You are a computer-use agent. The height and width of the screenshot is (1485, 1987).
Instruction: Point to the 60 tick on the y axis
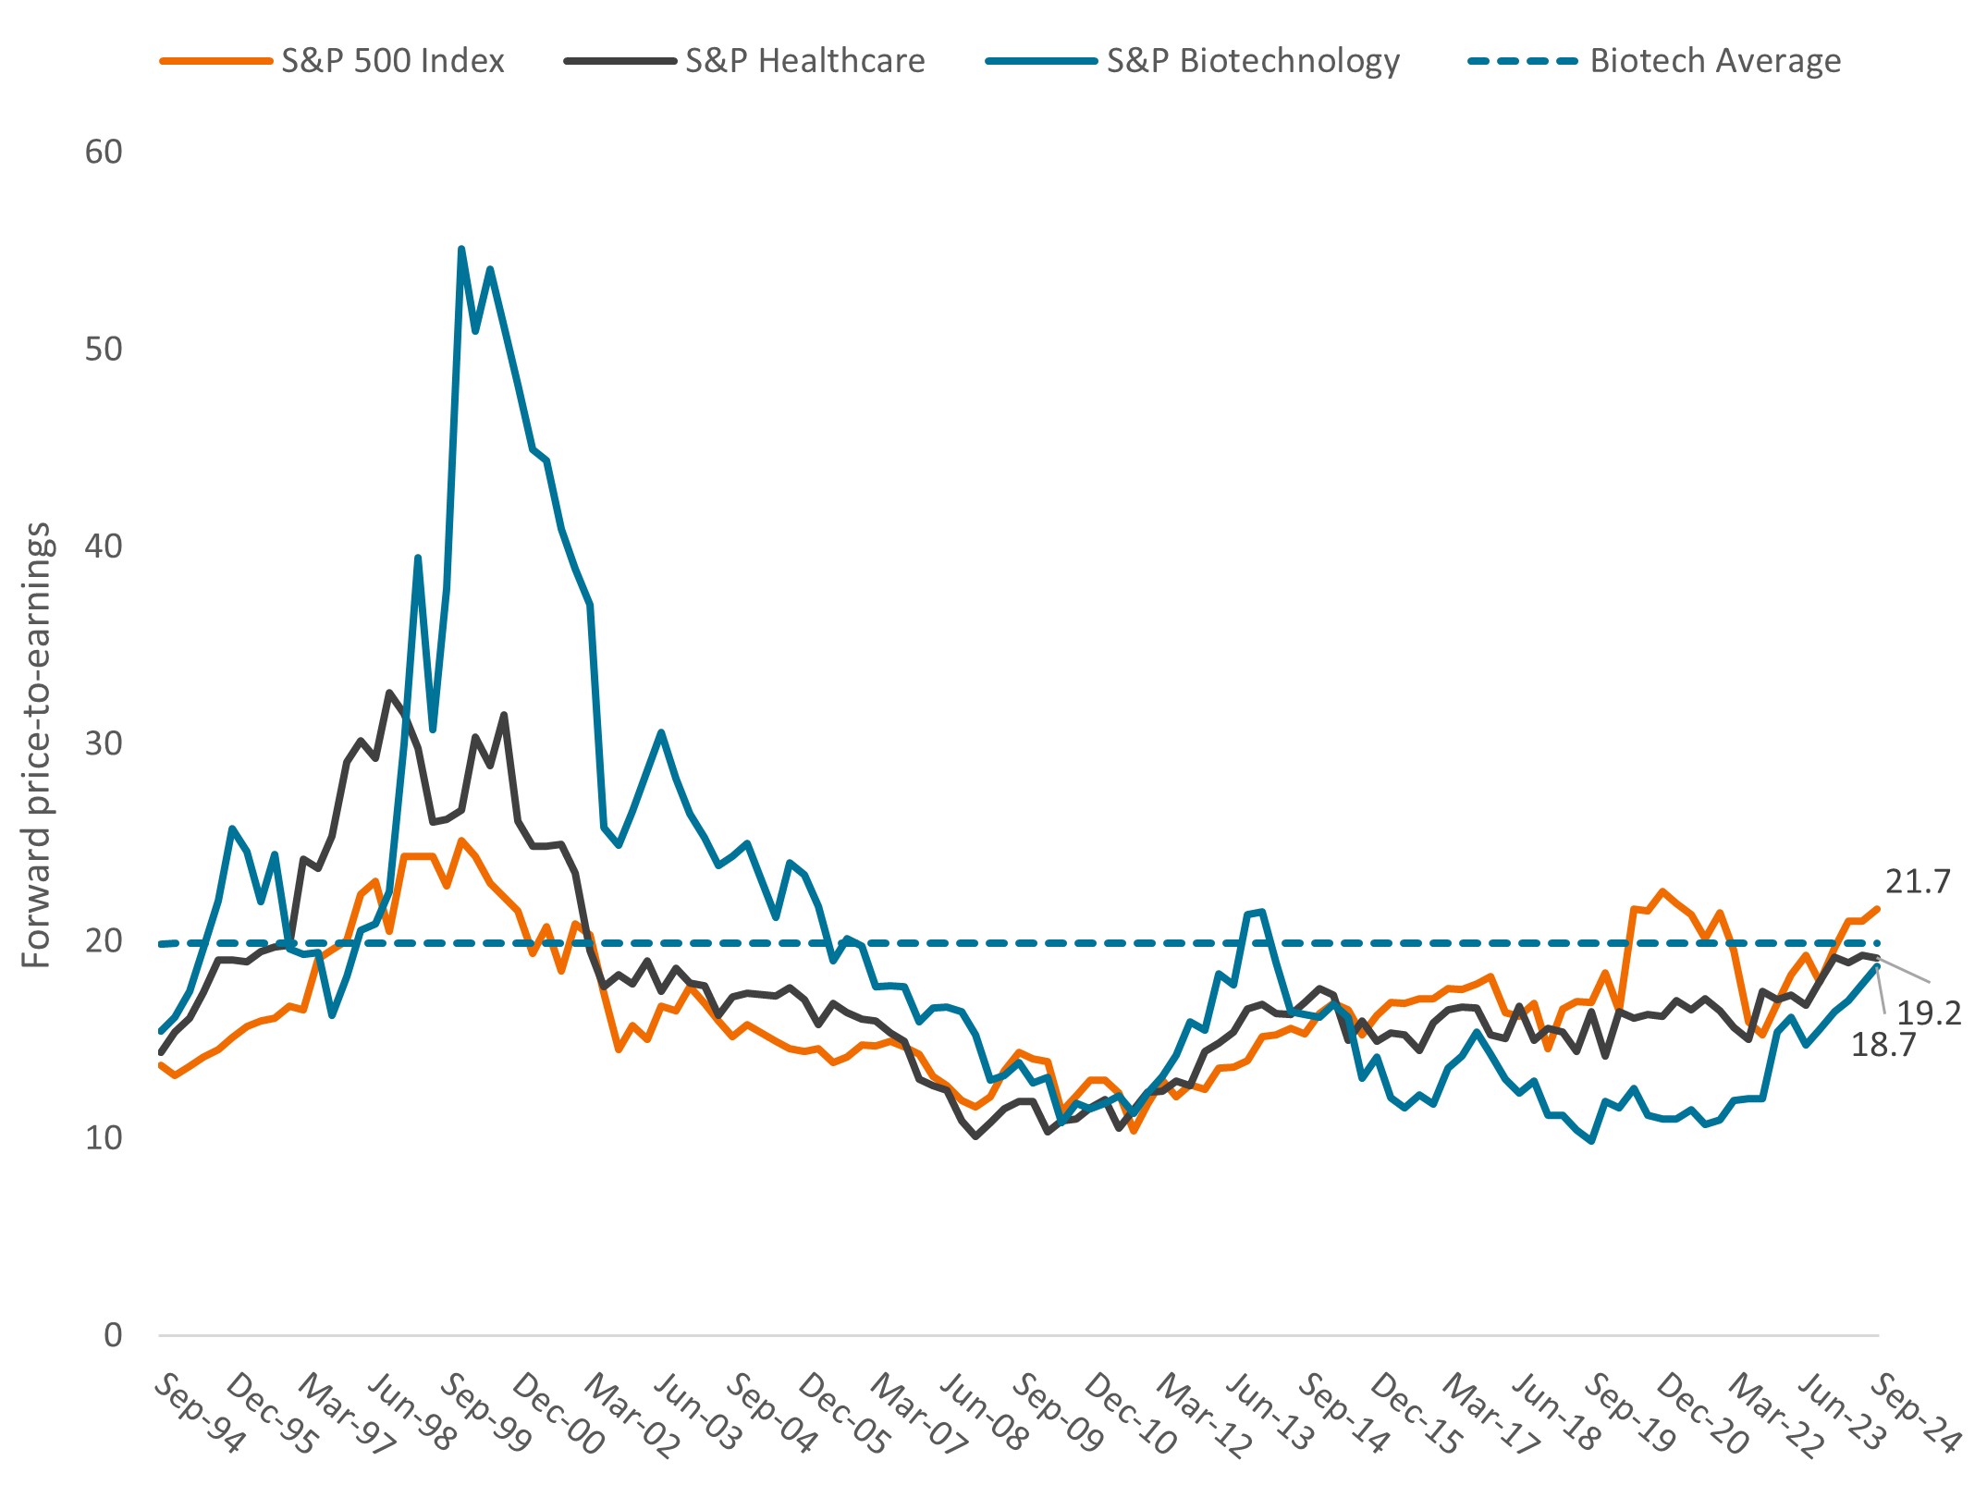[104, 152]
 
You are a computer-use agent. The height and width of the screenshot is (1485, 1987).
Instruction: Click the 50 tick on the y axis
[104, 349]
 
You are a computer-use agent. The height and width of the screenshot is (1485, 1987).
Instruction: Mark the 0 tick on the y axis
[113, 1334]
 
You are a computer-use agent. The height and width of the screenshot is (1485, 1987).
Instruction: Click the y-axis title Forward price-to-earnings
[37, 744]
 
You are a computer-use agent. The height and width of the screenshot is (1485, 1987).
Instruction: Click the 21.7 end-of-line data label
[1918, 882]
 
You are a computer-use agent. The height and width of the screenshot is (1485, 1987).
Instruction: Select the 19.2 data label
[1929, 1013]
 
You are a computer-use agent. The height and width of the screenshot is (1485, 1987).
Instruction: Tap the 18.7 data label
[1883, 1045]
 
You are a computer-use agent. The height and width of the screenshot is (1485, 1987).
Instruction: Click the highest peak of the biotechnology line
[461, 249]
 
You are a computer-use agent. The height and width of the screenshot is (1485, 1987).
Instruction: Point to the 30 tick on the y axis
[104, 743]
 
